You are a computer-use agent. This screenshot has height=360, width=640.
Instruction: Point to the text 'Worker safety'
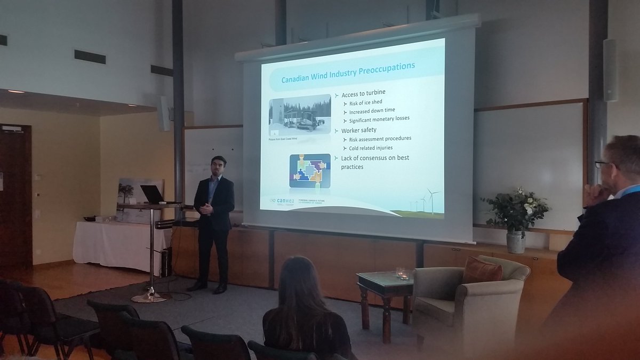click(358, 130)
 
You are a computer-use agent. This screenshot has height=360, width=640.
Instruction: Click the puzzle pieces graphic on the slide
click(309, 171)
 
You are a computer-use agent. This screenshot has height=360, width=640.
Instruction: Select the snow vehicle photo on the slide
click(300, 116)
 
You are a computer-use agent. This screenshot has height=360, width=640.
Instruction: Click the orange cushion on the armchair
click(482, 270)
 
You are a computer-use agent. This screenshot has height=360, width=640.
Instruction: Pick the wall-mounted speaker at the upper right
click(610, 70)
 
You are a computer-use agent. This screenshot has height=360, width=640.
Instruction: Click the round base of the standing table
click(149, 297)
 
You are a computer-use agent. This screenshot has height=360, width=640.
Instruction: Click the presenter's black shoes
click(208, 287)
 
